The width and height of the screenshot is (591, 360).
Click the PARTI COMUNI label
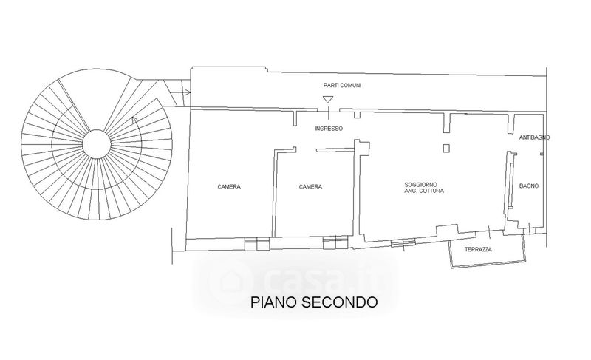tap(342, 86)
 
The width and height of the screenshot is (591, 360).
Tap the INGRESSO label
tap(329, 129)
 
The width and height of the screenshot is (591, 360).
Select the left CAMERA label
tap(229, 186)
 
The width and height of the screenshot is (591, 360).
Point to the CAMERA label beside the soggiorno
tap(310, 186)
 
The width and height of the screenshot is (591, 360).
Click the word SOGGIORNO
tap(420, 185)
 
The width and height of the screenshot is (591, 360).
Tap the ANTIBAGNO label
tap(534, 137)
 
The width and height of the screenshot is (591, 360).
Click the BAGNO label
tap(529, 186)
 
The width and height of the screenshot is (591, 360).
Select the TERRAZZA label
tap(478, 250)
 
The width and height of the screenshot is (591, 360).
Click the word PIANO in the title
tap(274, 302)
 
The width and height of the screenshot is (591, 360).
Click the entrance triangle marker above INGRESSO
tap(328, 100)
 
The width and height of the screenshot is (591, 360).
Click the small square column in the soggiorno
tap(446, 148)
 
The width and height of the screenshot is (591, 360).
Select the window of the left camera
tap(257, 243)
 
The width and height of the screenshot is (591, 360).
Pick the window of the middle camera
tap(335, 242)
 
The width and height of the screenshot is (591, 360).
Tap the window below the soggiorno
tap(403, 243)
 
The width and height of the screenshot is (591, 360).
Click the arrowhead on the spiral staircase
tap(133, 120)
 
